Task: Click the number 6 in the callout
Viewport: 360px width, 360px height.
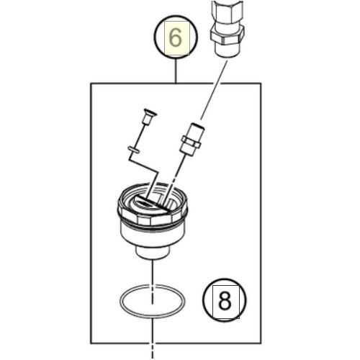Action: coord(176,38)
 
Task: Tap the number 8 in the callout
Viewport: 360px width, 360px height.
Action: coord(225,300)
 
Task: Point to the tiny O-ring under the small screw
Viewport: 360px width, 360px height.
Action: coord(133,149)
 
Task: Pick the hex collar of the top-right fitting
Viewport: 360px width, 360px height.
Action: coord(227,35)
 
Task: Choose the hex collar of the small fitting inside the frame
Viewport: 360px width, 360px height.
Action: coord(191,143)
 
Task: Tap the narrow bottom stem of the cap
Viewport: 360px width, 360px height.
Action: coord(153,253)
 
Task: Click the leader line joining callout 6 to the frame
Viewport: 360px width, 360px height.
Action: coord(176,71)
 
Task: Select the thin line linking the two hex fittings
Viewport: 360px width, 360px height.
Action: coord(214,90)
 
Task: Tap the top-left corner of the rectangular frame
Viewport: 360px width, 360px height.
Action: coord(91,84)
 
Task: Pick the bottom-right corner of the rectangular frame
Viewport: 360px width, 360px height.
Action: coord(261,343)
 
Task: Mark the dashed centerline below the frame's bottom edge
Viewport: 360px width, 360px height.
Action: coord(153,351)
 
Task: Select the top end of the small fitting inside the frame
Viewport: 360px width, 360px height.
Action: coord(198,125)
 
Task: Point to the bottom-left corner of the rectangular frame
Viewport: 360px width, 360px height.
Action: coord(91,343)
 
